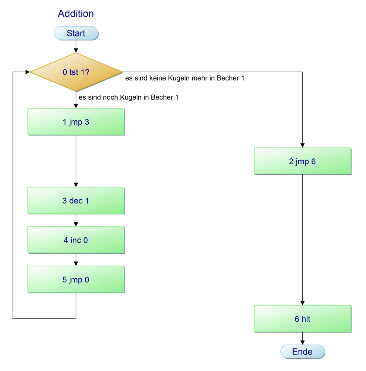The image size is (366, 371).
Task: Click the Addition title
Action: click(76, 14)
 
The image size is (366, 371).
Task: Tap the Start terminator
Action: click(76, 33)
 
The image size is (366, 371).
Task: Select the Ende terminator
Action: click(302, 352)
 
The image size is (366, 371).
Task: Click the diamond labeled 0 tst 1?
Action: click(76, 72)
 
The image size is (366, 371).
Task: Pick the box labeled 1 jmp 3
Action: click(76, 122)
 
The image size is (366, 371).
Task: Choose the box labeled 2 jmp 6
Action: click(302, 161)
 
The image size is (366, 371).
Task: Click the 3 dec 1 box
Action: click(76, 201)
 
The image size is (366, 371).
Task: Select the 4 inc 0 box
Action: click(76, 240)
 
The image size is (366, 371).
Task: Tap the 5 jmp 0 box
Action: click(76, 280)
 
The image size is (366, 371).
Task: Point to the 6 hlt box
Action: click(302, 319)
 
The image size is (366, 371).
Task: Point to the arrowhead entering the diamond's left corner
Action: click(28, 72)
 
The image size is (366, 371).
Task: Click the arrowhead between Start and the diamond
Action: click(76, 50)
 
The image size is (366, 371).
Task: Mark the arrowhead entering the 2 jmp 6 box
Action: click(302, 146)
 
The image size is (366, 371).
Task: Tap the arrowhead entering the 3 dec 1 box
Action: click(76, 185)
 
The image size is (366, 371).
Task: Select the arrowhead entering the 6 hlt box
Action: click(302, 303)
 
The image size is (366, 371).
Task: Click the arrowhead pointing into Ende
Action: click(302, 343)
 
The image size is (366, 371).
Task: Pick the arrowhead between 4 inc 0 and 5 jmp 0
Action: click(76, 264)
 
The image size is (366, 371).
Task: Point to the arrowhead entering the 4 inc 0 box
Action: click(76, 224)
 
